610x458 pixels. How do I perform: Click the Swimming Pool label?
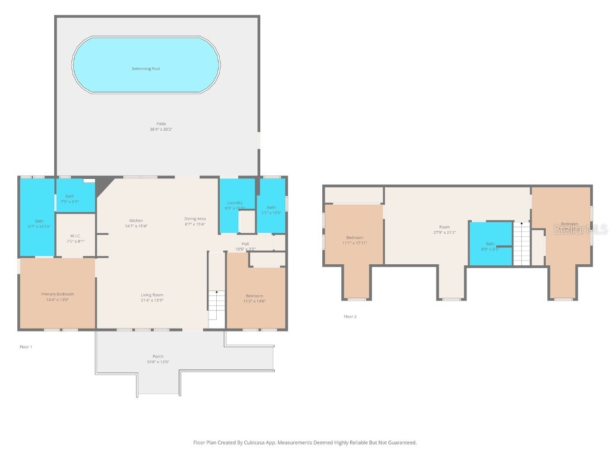[145, 69]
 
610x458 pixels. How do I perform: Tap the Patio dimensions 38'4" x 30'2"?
[157, 129]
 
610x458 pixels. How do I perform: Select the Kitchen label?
[136, 221]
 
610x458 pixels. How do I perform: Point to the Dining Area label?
[195, 219]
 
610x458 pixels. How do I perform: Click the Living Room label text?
[152, 295]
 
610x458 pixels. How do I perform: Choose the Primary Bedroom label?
[57, 294]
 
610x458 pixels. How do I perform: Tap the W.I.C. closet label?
[75, 236]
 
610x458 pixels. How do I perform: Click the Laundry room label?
[235, 203]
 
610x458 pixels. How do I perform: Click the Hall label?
[245, 243]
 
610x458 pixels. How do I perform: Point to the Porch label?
[158, 357]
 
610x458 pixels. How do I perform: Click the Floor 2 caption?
[350, 317]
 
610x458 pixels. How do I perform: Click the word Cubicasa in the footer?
[259, 442]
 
